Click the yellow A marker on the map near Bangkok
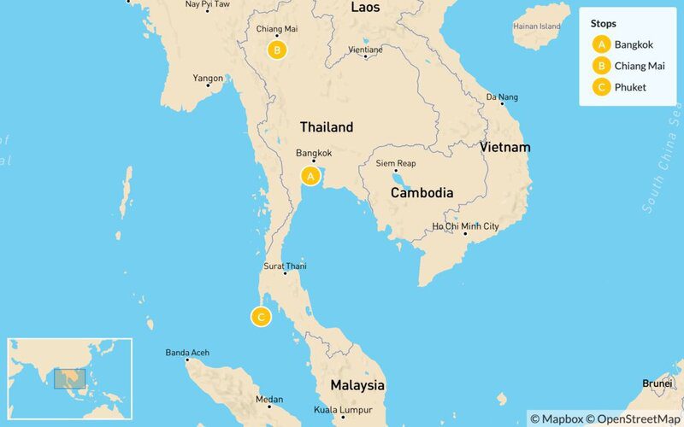[310, 176]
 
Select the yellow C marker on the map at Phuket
[260, 318]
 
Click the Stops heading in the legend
[604, 24]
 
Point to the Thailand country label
[326, 127]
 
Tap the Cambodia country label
[422, 193]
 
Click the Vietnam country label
[504, 148]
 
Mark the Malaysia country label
[351, 385]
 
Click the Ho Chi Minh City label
[465, 226]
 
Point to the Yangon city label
[208, 79]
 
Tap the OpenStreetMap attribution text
[634, 418]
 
